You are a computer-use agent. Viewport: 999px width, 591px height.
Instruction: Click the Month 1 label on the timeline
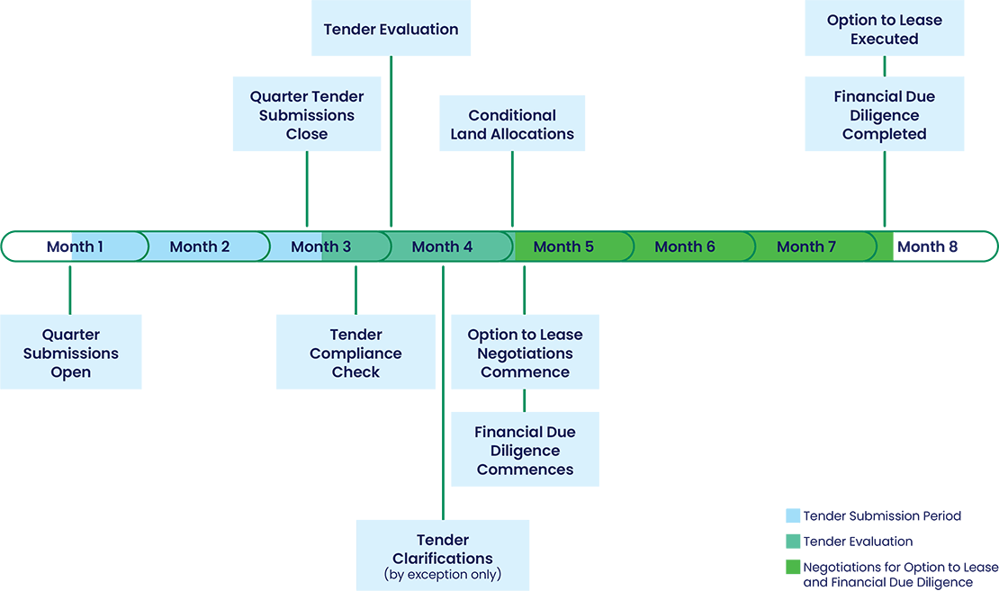pos(75,246)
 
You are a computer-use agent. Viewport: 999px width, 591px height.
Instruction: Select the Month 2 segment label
pos(200,246)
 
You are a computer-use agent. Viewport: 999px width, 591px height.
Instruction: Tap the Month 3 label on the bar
pos(321,246)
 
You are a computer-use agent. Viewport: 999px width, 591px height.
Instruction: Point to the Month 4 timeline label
pos(442,246)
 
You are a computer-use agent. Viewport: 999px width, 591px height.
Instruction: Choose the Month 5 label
pos(563,246)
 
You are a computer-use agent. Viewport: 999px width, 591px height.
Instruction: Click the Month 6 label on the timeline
pos(685,246)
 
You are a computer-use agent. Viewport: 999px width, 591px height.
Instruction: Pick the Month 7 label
pos(806,246)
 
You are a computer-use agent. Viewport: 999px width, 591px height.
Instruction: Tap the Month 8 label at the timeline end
pos(928,246)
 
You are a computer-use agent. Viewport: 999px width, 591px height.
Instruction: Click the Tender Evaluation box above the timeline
pos(391,29)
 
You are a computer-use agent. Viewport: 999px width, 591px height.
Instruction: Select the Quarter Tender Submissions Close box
pos(307,115)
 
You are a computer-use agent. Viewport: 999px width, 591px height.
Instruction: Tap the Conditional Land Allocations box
pos(512,124)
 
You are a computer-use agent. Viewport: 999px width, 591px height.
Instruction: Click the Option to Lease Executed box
pos(885,30)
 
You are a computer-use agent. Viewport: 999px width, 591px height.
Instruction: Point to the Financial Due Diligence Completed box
pos(885,115)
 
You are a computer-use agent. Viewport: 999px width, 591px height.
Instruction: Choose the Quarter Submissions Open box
pos(71,353)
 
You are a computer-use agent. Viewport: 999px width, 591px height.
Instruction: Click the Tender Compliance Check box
pos(355,353)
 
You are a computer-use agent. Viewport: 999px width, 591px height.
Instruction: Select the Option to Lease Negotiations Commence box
pos(525,353)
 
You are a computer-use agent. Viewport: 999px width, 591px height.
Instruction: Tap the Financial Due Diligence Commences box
pos(525,450)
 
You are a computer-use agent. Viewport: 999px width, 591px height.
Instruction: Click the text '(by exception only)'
pos(443,574)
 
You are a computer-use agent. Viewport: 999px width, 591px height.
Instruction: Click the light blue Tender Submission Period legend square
pos(793,516)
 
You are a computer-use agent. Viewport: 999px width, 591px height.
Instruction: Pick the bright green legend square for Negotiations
pos(793,568)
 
